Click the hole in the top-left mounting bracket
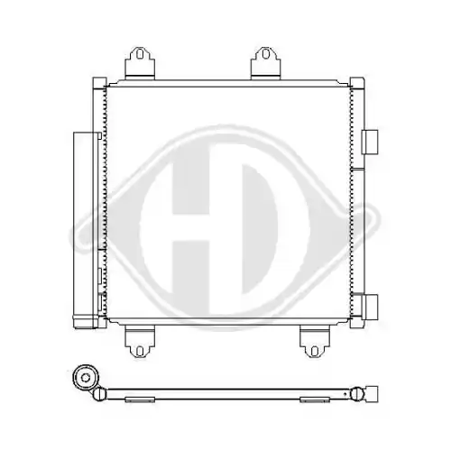pos(140,54)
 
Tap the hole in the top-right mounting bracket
pos(265,54)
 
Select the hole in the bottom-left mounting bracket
pos(140,351)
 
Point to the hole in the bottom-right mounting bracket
pos(314,351)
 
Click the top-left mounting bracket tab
pos(140,63)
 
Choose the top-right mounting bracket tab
pos(265,63)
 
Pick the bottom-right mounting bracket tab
pos(315,342)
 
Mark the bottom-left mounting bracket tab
pos(140,342)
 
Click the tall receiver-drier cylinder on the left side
pos(86,230)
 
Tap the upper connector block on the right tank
pos(370,143)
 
